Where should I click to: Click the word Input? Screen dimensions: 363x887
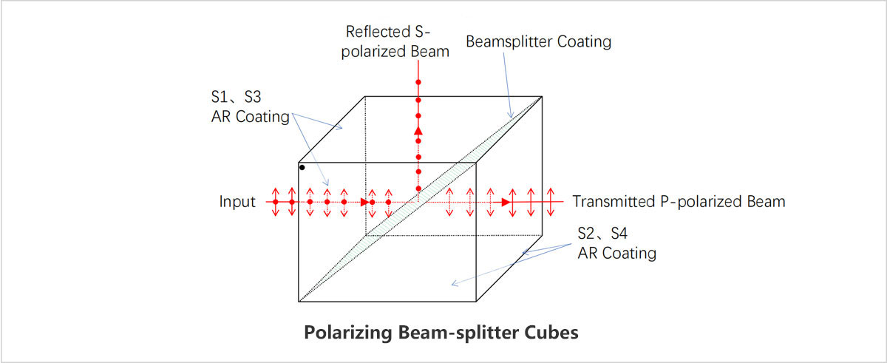(x=237, y=202)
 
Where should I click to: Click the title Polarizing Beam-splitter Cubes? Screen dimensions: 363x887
(x=441, y=332)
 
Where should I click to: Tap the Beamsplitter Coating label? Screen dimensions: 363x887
(x=538, y=42)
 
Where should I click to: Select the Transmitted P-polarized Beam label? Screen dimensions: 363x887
(x=679, y=202)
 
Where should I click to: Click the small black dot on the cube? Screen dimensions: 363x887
(x=302, y=168)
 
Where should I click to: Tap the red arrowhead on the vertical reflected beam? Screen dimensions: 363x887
(x=418, y=132)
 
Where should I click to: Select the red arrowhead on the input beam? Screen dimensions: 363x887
(x=364, y=202)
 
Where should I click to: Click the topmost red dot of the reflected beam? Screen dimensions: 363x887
(x=418, y=81)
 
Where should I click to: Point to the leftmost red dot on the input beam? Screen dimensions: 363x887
(x=275, y=202)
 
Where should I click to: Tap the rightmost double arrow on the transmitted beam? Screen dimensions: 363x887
(x=549, y=202)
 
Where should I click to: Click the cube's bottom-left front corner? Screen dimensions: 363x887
(x=299, y=302)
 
